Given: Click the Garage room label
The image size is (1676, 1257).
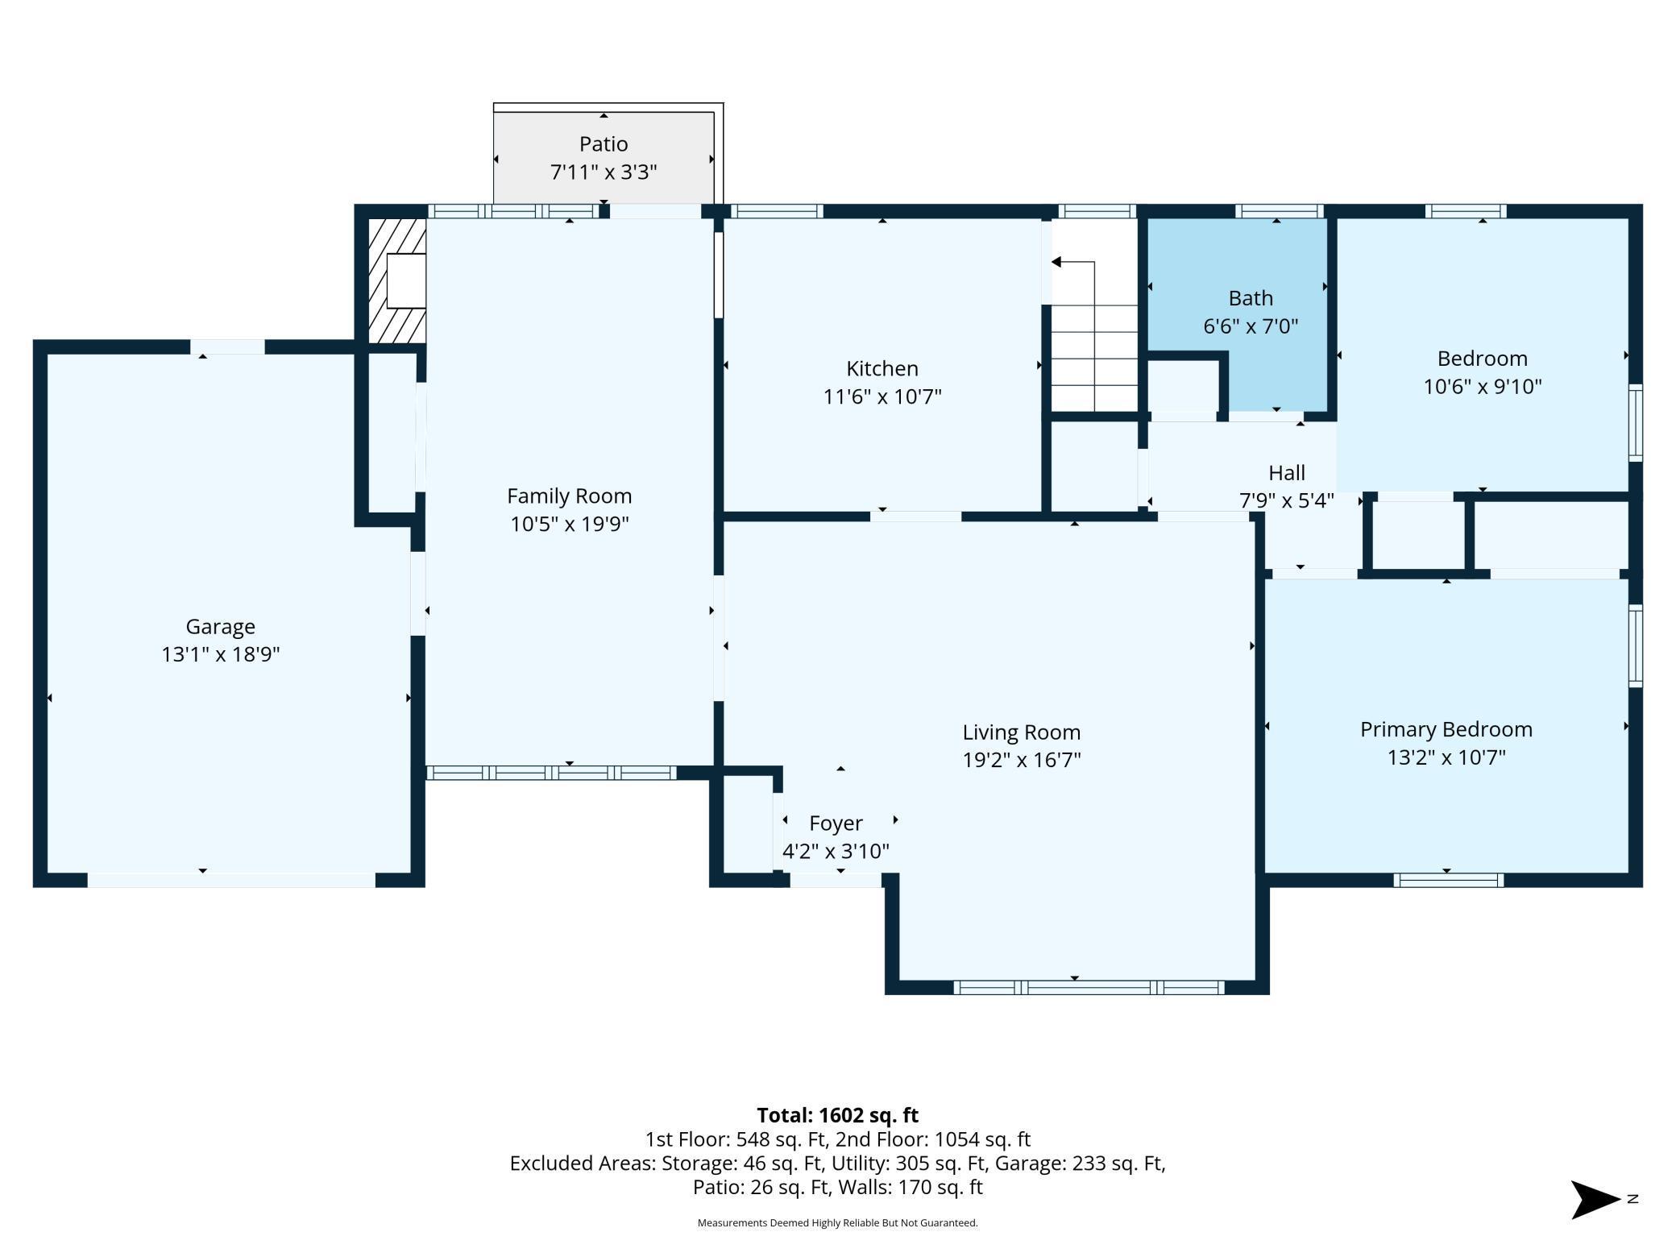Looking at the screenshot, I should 220,626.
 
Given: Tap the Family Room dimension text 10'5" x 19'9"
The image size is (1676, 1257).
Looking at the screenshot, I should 569,525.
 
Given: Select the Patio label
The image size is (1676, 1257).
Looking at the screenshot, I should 604,144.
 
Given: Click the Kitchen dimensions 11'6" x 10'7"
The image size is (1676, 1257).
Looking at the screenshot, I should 882,397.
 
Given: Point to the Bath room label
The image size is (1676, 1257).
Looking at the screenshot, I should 1251,298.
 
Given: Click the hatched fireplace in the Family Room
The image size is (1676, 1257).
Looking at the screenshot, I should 397,281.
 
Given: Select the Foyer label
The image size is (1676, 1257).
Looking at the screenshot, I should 836,823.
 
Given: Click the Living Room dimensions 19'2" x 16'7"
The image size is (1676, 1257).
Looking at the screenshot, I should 1022,760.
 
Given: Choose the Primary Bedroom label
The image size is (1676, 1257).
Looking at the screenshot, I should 1446,729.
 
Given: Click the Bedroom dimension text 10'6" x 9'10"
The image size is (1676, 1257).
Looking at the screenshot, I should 1483,387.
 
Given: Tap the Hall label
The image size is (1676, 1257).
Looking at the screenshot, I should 1287,473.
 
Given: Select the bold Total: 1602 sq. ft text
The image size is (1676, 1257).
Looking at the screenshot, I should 837,1115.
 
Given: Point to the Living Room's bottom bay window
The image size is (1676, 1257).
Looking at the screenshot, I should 1089,988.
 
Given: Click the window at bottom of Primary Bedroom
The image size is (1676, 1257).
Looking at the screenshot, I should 1448,881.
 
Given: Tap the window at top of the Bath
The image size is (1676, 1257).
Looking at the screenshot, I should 1279,212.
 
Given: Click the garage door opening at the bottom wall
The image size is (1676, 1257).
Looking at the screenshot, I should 231,880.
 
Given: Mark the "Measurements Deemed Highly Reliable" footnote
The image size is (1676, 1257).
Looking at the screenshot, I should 837,1223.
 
